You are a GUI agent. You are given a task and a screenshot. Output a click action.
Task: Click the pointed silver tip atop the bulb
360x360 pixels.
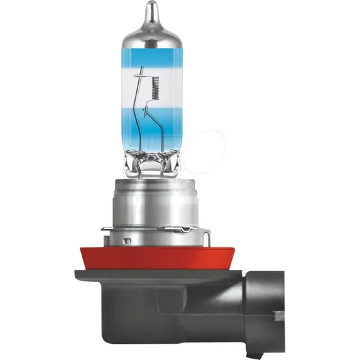tap(151, 10)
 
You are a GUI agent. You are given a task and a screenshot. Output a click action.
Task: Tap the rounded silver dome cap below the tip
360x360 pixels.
tap(151, 32)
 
